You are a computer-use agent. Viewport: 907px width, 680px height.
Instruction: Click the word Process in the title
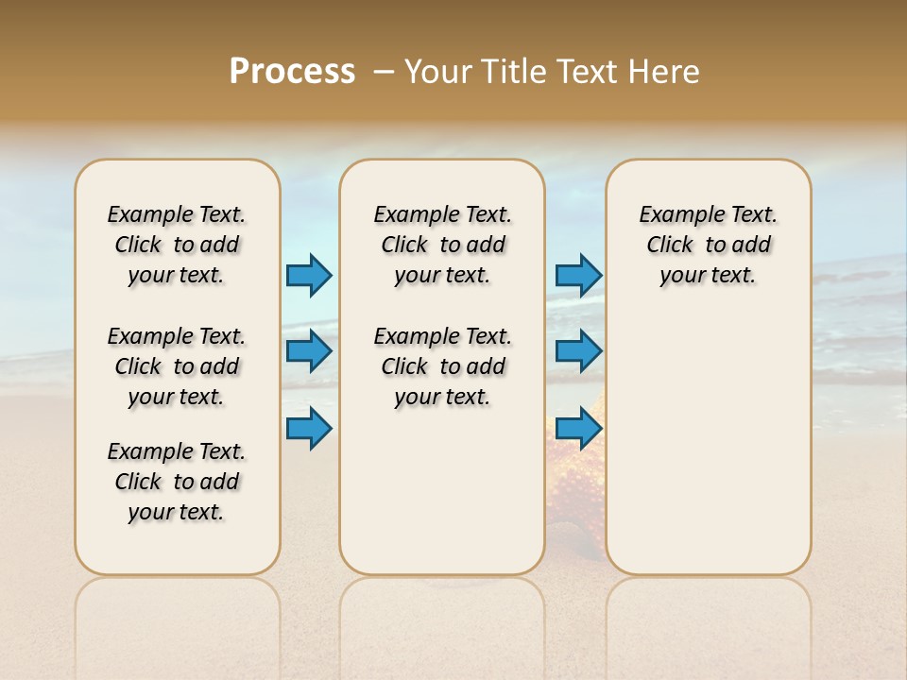click(292, 72)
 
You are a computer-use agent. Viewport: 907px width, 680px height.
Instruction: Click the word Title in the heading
click(515, 72)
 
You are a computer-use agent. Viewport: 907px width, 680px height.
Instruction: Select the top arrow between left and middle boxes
click(309, 275)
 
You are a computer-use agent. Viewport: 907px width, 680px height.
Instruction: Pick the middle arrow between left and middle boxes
click(309, 351)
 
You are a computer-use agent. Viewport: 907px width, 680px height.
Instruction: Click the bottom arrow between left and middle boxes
click(309, 428)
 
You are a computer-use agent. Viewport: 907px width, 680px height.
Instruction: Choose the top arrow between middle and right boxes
click(578, 275)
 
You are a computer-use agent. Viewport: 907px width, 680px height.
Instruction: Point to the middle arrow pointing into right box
click(578, 351)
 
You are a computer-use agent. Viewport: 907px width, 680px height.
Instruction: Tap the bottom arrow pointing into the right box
click(578, 428)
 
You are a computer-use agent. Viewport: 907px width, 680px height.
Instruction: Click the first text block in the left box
click(177, 245)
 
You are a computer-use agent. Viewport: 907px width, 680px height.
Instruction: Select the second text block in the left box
click(177, 366)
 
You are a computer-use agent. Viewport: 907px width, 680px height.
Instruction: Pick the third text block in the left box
click(177, 482)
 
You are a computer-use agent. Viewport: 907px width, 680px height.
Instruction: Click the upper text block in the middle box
click(443, 245)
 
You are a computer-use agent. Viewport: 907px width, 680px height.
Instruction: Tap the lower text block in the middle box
click(443, 366)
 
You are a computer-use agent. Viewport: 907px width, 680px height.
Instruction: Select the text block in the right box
click(709, 245)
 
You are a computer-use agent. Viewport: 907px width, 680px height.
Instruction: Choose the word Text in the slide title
click(589, 72)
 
